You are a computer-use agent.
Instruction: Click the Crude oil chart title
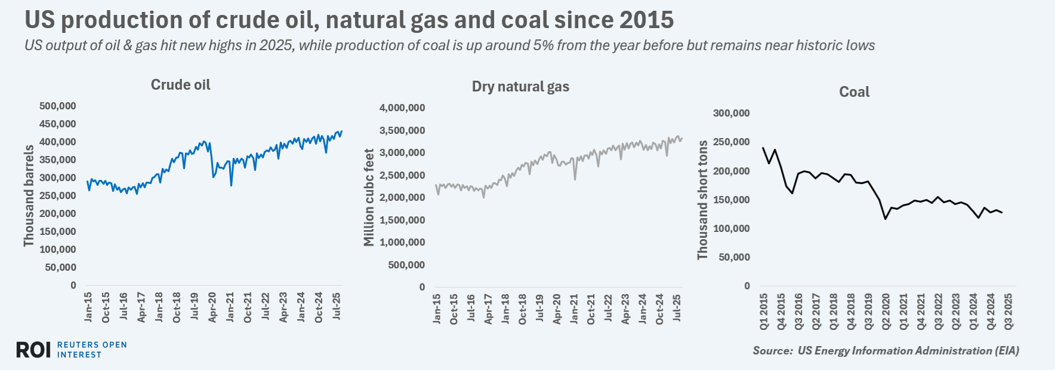[x=180, y=85]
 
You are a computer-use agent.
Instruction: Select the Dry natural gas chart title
[x=520, y=87]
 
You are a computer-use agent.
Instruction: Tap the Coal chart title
[x=854, y=92]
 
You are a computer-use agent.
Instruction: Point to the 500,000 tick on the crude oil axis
[x=58, y=106]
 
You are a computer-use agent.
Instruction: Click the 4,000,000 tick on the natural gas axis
[x=402, y=108]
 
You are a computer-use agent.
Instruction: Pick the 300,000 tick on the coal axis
[x=731, y=114]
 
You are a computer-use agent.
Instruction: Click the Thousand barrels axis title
[x=29, y=195]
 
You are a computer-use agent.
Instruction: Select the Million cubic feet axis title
[x=369, y=197]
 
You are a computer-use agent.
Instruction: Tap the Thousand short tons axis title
[x=702, y=200]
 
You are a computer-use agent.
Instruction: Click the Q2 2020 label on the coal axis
[x=886, y=311]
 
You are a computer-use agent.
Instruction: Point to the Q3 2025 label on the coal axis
[x=1008, y=311]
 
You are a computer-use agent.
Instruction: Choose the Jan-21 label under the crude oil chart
[x=230, y=307]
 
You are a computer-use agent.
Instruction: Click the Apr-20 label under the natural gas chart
[x=557, y=309]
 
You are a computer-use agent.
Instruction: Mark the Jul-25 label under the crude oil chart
[x=337, y=307]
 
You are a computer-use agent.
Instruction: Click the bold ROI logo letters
[x=33, y=350]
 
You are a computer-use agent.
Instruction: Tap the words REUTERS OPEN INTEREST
[x=92, y=350]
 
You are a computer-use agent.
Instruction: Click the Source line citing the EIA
[x=886, y=351]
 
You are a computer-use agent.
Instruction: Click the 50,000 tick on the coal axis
[x=734, y=258]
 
